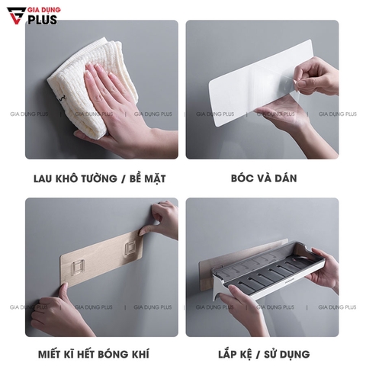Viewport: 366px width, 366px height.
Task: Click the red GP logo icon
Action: (x=13, y=14)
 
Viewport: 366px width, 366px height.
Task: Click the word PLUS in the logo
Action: (x=47, y=18)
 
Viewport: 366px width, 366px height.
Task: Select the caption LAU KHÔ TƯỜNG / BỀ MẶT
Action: (x=100, y=179)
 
